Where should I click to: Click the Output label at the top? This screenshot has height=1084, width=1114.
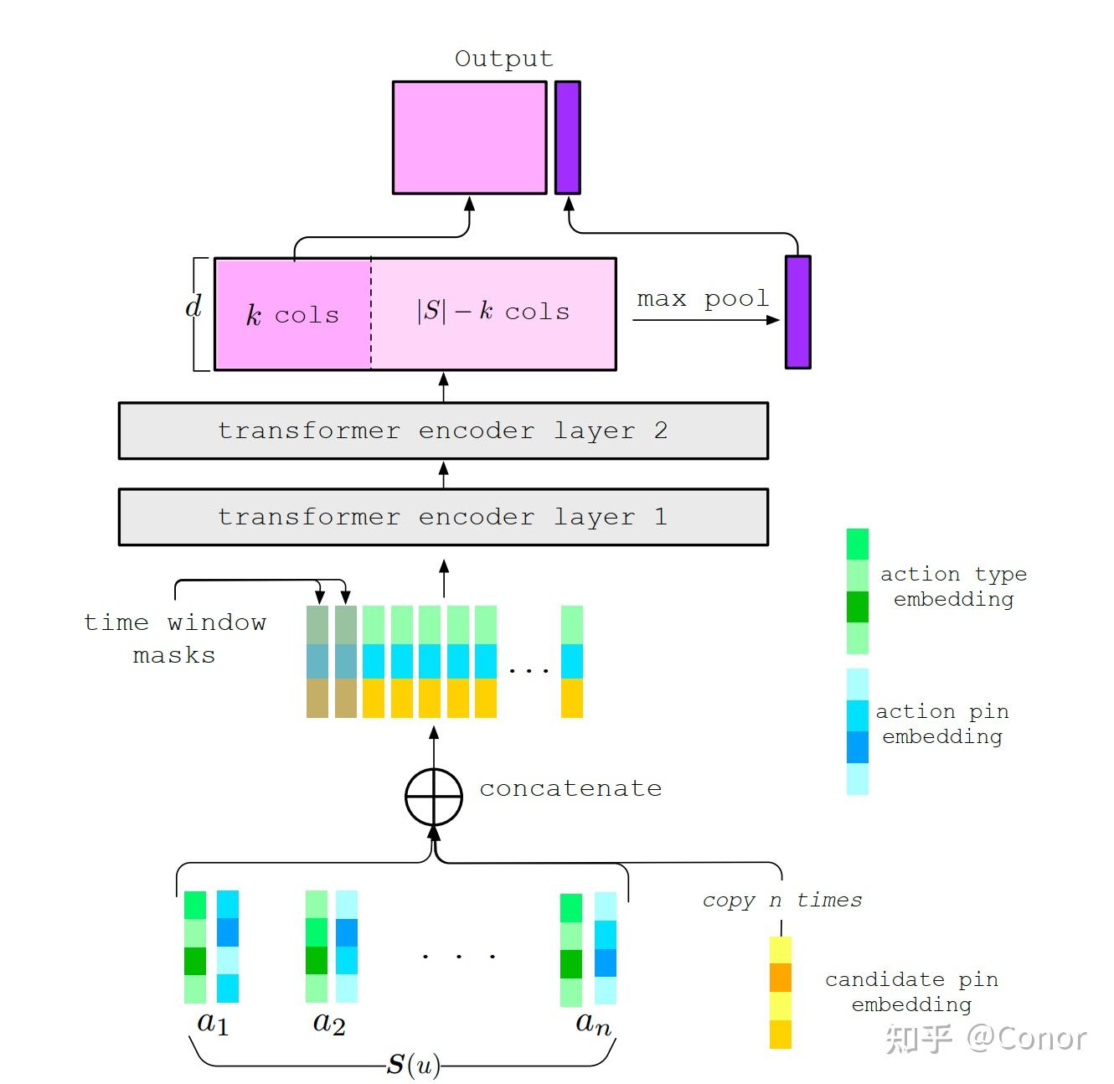(x=503, y=59)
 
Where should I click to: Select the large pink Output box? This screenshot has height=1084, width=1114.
(x=469, y=137)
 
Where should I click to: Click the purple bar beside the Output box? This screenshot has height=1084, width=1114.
(x=567, y=137)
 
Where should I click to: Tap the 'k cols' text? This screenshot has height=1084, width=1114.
(x=292, y=315)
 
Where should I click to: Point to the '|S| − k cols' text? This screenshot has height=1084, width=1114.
(x=493, y=312)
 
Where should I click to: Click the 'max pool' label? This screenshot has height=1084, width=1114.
(x=702, y=299)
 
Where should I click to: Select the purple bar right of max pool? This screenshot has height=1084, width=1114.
(x=797, y=312)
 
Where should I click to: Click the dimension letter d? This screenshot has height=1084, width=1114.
(x=193, y=307)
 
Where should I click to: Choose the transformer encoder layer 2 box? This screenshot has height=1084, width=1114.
(x=443, y=431)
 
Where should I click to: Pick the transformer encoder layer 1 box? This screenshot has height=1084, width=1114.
(x=443, y=517)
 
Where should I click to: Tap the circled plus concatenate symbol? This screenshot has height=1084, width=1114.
(x=434, y=797)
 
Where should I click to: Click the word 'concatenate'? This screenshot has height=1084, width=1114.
(x=570, y=788)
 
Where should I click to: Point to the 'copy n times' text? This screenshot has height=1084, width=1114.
(x=781, y=900)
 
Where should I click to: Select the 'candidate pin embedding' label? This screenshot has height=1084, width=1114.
(x=911, y=992)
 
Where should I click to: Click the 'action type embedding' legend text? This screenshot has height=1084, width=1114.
(x=953, y=586)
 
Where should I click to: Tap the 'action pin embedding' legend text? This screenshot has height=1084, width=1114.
(x=942, y=724)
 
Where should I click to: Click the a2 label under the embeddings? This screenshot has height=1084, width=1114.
(x=328, y=1023)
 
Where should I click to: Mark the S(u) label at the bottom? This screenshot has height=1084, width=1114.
(x=413, y=1065)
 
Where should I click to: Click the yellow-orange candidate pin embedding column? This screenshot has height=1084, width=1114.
(x=781, y=993)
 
